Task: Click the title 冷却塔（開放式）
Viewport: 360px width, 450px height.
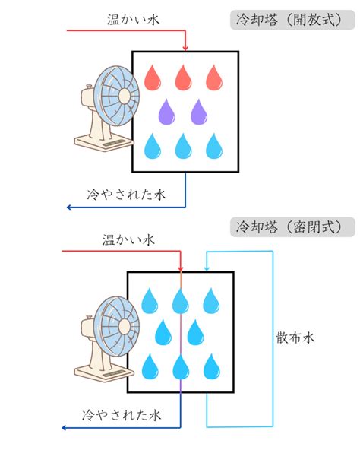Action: click(x=289, y=20)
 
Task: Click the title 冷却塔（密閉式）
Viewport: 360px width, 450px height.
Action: click(x=289, y=227)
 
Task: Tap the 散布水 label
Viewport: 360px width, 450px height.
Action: click(x=295, y=337)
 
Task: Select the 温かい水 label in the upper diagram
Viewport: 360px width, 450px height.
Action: click(x=133, y=20)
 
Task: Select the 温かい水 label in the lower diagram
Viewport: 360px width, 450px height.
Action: click(x=128, y=240)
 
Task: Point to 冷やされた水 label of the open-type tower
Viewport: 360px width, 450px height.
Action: click(x=126, y=195)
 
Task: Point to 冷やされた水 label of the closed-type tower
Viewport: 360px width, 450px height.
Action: click(x=122, y=415)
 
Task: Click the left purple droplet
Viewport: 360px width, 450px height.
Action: click(x=166, y=112)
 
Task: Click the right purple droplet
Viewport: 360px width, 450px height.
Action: click(x=199, y=112)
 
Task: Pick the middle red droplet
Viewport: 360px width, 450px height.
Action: click(x=183, y=78)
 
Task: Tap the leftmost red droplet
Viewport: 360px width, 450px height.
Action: click(x=153, y=78)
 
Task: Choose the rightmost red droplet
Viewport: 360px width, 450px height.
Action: click(x=214, y=78)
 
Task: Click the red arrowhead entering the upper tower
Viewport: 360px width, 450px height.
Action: click(x=185, y=48)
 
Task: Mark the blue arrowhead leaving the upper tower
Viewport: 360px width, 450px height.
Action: click(x=69, y=208)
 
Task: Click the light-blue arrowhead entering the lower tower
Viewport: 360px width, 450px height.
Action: click(x=207, y=268)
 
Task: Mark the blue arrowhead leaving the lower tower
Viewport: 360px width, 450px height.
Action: click(x=65, y=428)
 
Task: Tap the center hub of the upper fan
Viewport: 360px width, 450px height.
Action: click(x=125, y=96)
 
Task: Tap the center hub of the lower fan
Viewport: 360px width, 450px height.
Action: click(x=125, y=327)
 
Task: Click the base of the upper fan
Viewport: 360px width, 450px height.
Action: click(x=104, y=142)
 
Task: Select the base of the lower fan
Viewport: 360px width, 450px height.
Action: click(x=104, y=372)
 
